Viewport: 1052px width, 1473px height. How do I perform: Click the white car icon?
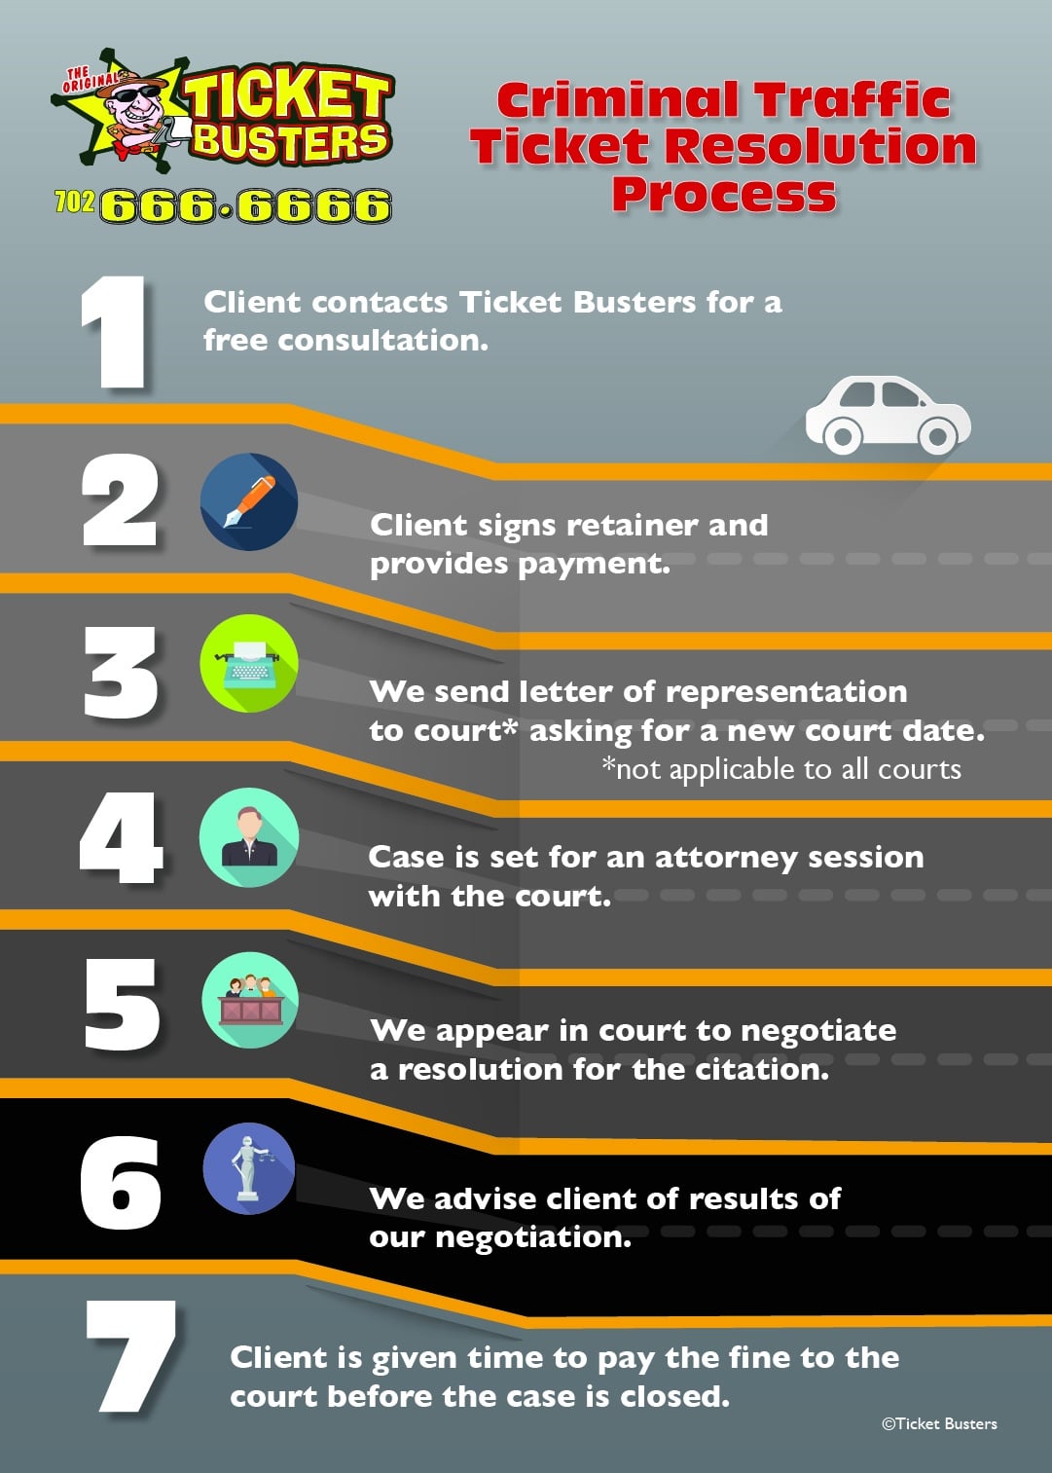coord(888,416)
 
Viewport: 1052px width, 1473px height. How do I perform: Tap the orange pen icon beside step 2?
coord(249,501)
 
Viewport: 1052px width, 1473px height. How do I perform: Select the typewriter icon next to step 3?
coord(249,664)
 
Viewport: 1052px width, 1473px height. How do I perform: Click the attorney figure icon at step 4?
coord(249,837)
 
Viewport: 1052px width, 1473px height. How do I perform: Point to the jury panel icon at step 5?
coord(250,1000)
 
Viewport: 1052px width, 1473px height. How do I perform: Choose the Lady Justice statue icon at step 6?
coord(249,1168)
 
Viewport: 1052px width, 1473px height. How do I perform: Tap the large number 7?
coord(130,1357)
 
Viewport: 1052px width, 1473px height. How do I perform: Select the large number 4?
coord(121,838)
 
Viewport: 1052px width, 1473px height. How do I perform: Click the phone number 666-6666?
coord(245,206)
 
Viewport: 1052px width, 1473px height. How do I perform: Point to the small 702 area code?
coord(75,202)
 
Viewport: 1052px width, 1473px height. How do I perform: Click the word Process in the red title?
coord(724,193)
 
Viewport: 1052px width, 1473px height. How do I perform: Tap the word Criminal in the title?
coord(619,99)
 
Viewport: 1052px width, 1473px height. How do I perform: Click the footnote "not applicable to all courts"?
coord(781,769)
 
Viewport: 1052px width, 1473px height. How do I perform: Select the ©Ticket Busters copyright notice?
coord(939,1423)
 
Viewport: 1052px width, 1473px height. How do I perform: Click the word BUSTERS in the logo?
coord(290,142)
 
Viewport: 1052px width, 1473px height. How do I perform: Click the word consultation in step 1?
coord(382,341)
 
